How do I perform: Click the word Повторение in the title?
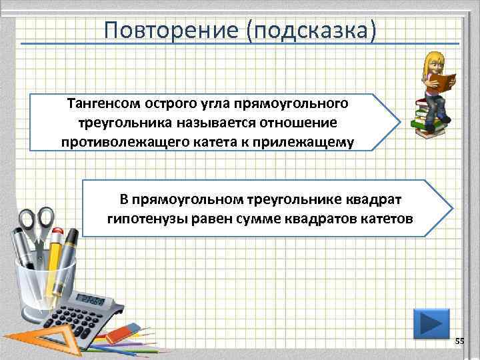pos(171,29)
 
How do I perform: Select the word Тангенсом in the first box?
pos(99,104)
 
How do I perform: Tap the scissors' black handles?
pos(37,223)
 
